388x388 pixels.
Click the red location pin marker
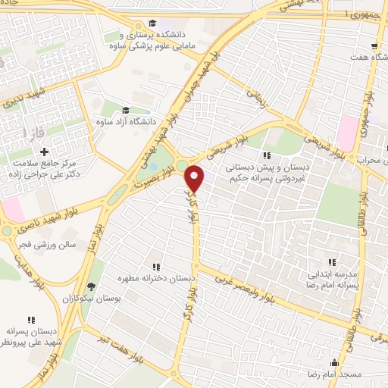(x=195, y=178)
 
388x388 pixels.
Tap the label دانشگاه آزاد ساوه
(x=128, y=121)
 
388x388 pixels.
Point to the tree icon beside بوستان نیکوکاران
(x=91, y=286)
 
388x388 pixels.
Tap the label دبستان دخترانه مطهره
(x=160, y=279)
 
